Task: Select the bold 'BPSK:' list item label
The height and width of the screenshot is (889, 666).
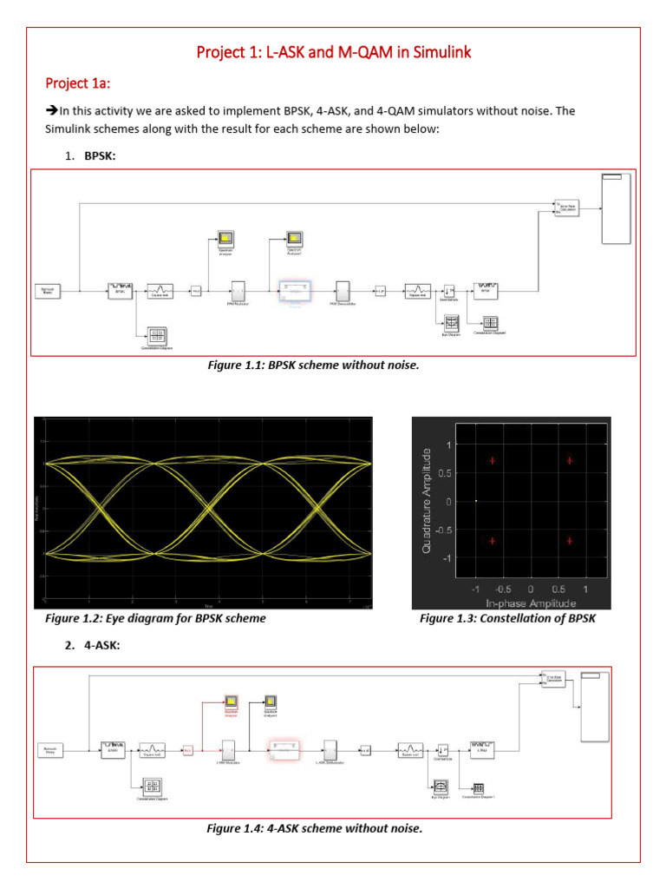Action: (x=100, y=155)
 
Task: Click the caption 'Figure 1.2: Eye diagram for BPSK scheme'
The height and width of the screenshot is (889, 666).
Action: (x=155, y=618)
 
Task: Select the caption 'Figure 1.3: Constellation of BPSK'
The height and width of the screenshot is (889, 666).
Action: (x=508, y=618)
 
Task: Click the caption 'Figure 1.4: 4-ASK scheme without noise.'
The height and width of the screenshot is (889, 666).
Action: (x=314, y=828)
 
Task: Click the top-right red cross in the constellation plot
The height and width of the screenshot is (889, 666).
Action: (x=570, y=460)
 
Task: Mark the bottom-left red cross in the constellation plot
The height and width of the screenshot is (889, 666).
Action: (x=493, y=541)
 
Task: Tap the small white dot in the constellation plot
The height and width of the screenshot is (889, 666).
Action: (x=476, y=501)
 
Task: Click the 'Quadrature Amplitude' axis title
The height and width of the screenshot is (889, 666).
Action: (x=426, y=501)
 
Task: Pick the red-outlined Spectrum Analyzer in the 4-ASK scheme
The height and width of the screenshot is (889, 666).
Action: (x=232, y=701)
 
